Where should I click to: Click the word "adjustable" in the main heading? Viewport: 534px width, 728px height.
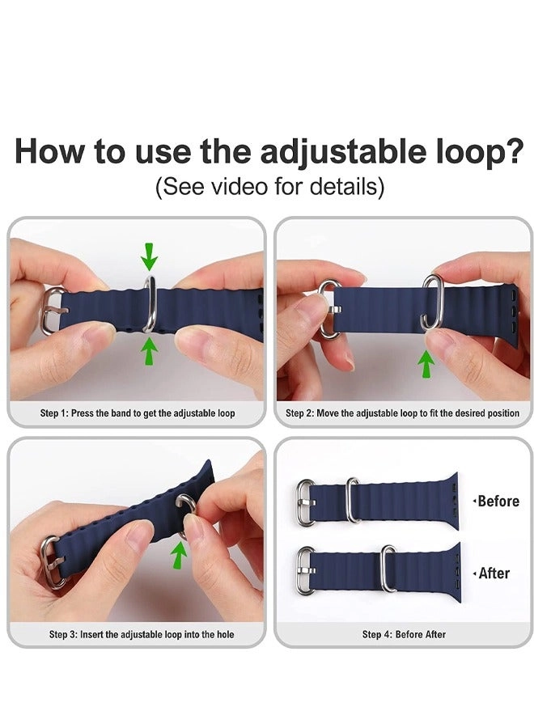[x=344, y=153]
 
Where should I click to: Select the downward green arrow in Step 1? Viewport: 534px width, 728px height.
[x=149, y=256]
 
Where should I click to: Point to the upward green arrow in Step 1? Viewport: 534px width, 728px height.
[x=149, y=351]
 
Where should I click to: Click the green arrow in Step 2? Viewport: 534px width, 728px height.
[x=426, y=363]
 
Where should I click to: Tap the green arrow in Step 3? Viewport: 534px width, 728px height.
[x=180, y=555]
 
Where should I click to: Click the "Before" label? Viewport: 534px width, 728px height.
[x=498, y=502]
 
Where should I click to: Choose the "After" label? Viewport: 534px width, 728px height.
[x=494, y=574]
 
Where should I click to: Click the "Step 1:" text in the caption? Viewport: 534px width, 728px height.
[x=54, y=413]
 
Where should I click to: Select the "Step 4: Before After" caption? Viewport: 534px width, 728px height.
[x=404, y=634]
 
